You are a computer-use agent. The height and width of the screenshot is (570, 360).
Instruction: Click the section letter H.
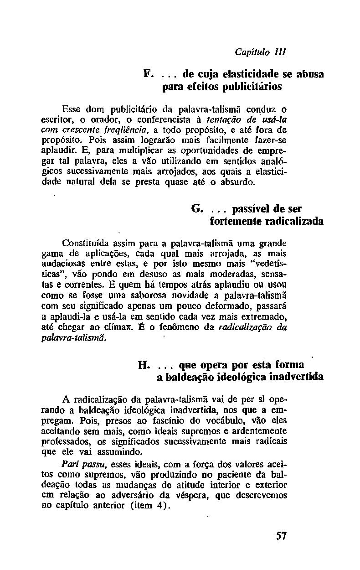click(x=144, y=365)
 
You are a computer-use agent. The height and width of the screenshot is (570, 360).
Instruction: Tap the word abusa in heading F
click(x=310, y=73)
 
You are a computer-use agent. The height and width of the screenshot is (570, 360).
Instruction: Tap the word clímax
click(x=134, y=327)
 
